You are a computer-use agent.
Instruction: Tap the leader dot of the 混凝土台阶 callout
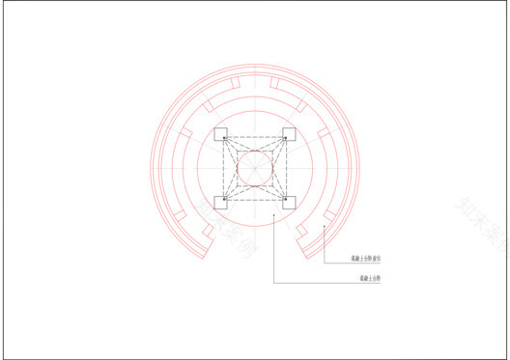273,216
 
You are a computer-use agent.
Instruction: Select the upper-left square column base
220,134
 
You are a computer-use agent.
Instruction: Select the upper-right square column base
289,134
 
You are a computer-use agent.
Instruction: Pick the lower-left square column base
220,203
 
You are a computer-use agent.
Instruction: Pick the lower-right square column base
289,203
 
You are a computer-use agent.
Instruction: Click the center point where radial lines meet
255,168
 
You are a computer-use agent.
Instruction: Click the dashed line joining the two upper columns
255,138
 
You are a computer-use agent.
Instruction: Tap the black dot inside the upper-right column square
286,138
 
